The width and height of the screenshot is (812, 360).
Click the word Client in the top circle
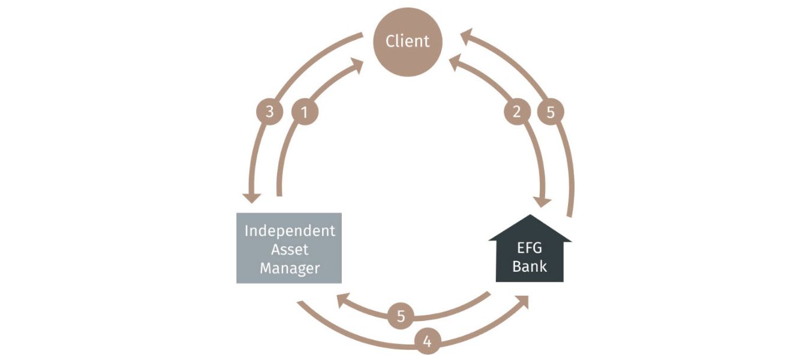[407, 41]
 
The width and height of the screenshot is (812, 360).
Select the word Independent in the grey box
[289, 231]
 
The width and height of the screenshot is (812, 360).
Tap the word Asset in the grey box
[289, 249]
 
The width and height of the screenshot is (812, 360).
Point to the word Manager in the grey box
[289, 268]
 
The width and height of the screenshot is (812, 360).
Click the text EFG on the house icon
[530, 247]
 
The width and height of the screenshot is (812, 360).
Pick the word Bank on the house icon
[530, 265]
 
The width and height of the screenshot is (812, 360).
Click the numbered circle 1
[304, 112]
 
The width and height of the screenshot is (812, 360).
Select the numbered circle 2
[517, 112]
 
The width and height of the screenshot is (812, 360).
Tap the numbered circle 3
[269, 112]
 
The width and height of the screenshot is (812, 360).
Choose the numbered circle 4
[427, 342]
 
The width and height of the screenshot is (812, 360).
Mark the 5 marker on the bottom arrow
[400, 316]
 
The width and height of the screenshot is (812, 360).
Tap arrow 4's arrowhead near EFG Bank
[522, 301]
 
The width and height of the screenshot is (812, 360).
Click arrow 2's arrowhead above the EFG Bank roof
[545, 200]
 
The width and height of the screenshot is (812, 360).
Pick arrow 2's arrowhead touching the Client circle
[456, 60]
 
